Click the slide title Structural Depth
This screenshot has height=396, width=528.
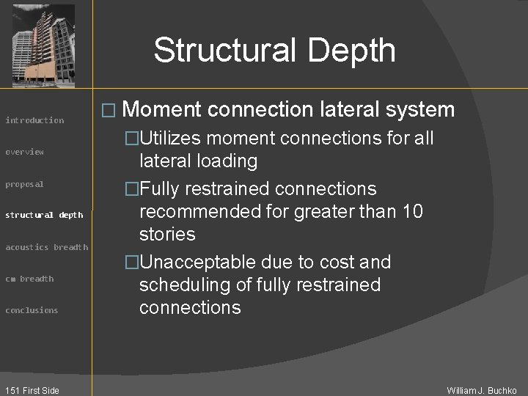(x=274, y=51)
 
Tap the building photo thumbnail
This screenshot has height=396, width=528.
(x=44, y=45)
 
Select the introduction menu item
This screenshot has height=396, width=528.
(x=34, y=120)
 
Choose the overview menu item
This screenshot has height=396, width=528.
(x=25, y=152)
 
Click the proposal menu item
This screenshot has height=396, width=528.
(x=25, y=184)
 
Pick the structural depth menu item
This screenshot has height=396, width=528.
(x=44, y=215)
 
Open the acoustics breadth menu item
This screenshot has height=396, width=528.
(x=47, y=247)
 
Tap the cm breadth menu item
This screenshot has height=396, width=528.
(x=29, y=279)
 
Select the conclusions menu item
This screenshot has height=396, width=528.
(x=32, y=310)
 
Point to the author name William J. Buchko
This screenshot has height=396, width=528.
(x=482, y=390)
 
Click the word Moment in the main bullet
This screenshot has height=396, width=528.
(x=161, y=110)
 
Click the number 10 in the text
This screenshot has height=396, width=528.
(x=413, y=212)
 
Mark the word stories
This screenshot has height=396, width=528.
(x=167, y=235)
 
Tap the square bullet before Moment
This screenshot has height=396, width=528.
(x=108, y=111)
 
